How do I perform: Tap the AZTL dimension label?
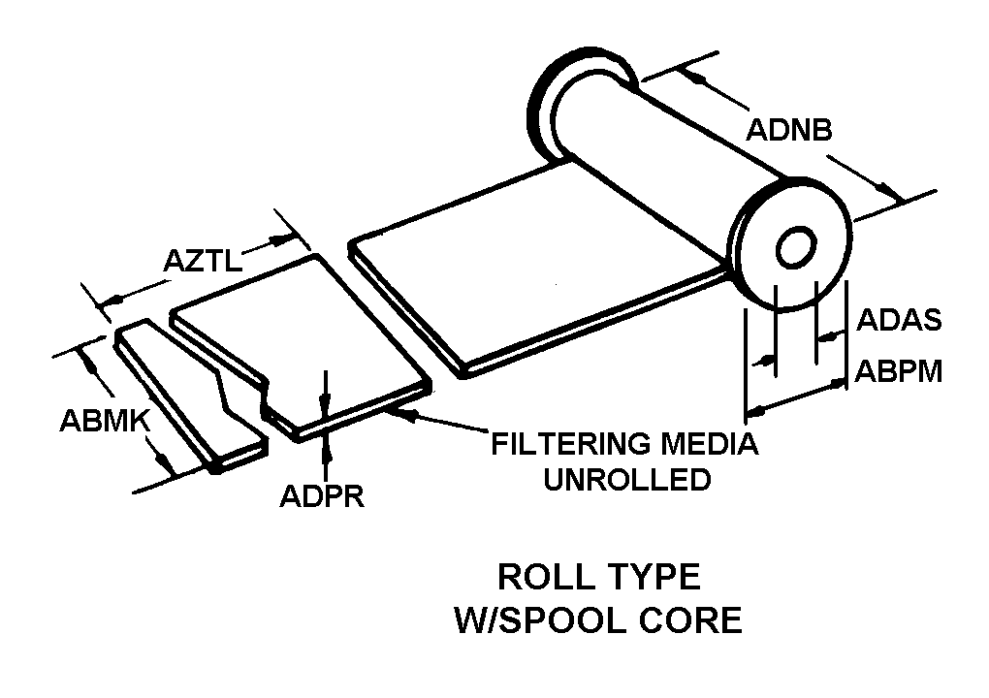pos(203,260)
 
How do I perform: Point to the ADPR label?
pos(321,495)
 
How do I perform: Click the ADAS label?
pos(899,321)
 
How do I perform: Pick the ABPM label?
pos(899,371)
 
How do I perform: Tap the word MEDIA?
pos(709,445)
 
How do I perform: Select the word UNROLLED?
pos(626,479)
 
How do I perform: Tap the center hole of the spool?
pos(795,247)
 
